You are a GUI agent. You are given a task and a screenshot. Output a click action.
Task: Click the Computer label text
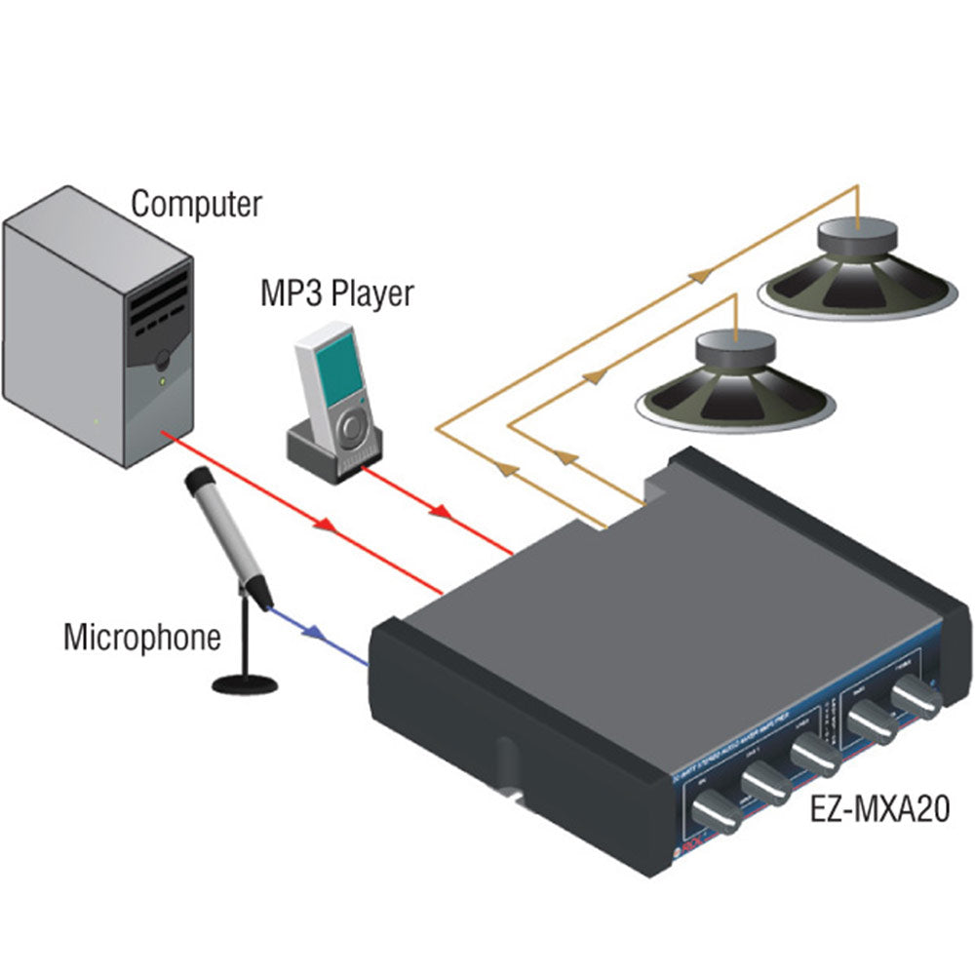coord(196,204)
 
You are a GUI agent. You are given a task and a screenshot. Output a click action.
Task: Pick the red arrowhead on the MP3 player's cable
coord(442,511)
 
